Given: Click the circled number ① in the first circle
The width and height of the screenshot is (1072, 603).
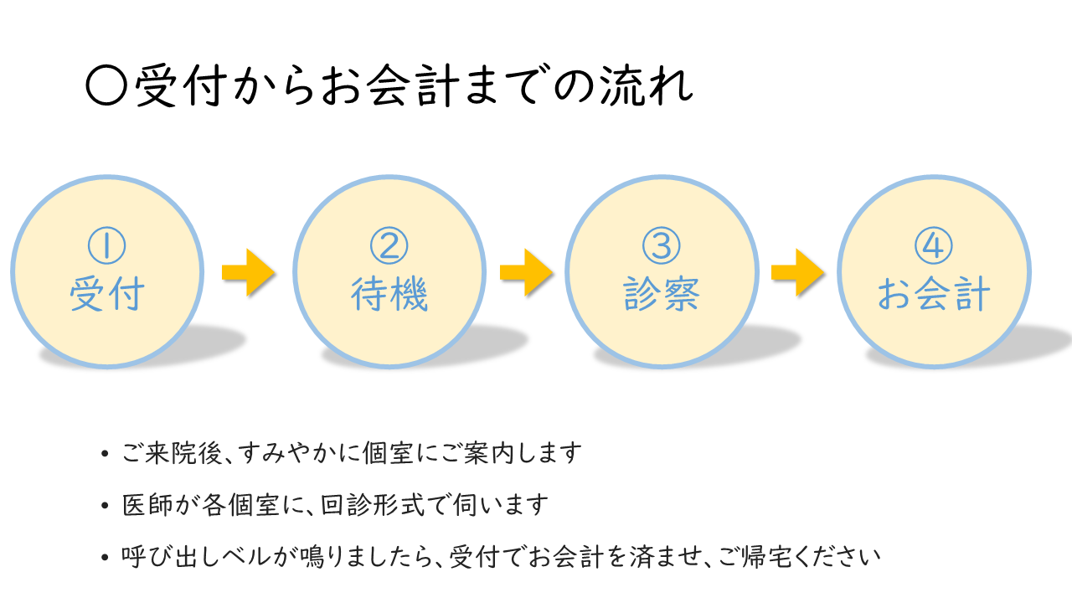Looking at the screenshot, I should click(x=106, y=246).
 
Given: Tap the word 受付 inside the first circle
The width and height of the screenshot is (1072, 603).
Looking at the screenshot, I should click(x=106, y=295).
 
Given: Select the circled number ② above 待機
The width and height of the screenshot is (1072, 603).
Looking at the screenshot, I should click(x=389, y=246).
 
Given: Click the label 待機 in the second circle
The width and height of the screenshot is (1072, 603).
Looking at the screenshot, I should click(x=389, y=295).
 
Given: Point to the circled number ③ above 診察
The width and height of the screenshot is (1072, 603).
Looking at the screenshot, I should click(x=662, y=246).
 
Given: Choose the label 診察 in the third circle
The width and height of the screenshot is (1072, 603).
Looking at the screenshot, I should click(x=662, y=295).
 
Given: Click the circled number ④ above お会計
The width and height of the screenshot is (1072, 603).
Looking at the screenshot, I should click(x=934, y=246).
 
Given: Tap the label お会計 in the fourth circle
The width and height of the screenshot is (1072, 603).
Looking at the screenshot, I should click(x=934, y=295).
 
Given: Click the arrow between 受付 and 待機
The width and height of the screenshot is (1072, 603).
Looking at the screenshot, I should click(x=248, y=271).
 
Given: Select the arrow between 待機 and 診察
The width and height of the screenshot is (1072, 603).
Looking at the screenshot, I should click(x=526, y=271).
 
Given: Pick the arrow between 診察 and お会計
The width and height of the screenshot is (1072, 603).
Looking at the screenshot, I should click(x=797, y=271).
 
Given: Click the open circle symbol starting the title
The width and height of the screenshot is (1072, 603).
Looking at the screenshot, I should click(x=106, y=86).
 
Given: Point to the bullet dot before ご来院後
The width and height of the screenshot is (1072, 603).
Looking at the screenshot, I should click(x=104, y=455).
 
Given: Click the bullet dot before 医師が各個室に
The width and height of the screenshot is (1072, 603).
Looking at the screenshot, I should click(x=104, y=506).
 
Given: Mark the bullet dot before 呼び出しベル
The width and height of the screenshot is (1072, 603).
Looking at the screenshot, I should click(x=104, y=557).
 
